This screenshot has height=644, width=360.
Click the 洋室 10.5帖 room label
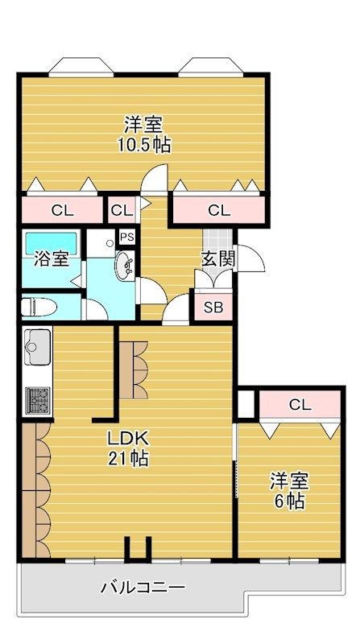pyautogui.click(x=143, y=134)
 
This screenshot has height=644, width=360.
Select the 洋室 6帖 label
pyautogui.click(x=289, y=491)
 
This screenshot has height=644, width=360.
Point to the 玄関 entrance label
pyautogui.click(x=218, y=258)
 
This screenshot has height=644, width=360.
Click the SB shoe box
pyautogui.click(x=213, y=308)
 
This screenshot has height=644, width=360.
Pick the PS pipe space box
pyautogui.click(x=127, y=237)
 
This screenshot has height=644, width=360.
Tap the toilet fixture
pyautogui.click(x=39, y=307)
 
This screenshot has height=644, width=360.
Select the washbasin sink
pyautogui.click(x=124, y=266)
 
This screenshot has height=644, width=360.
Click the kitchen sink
pyautogui.click(x=38, y=346)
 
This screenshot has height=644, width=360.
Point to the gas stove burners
pyautogui.click(x=38, y=400)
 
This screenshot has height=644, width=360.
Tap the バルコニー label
pyautogui.click(x=143, y=588)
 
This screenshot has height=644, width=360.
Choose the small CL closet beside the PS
pyautogui.click(x=122, y=210)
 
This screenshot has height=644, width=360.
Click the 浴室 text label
pyautogui.click(x=52, y=259)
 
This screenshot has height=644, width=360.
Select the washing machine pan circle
pyautogui.click(x=110, y=243)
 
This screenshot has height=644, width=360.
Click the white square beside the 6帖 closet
pyautogui.click(x=246, y=405)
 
